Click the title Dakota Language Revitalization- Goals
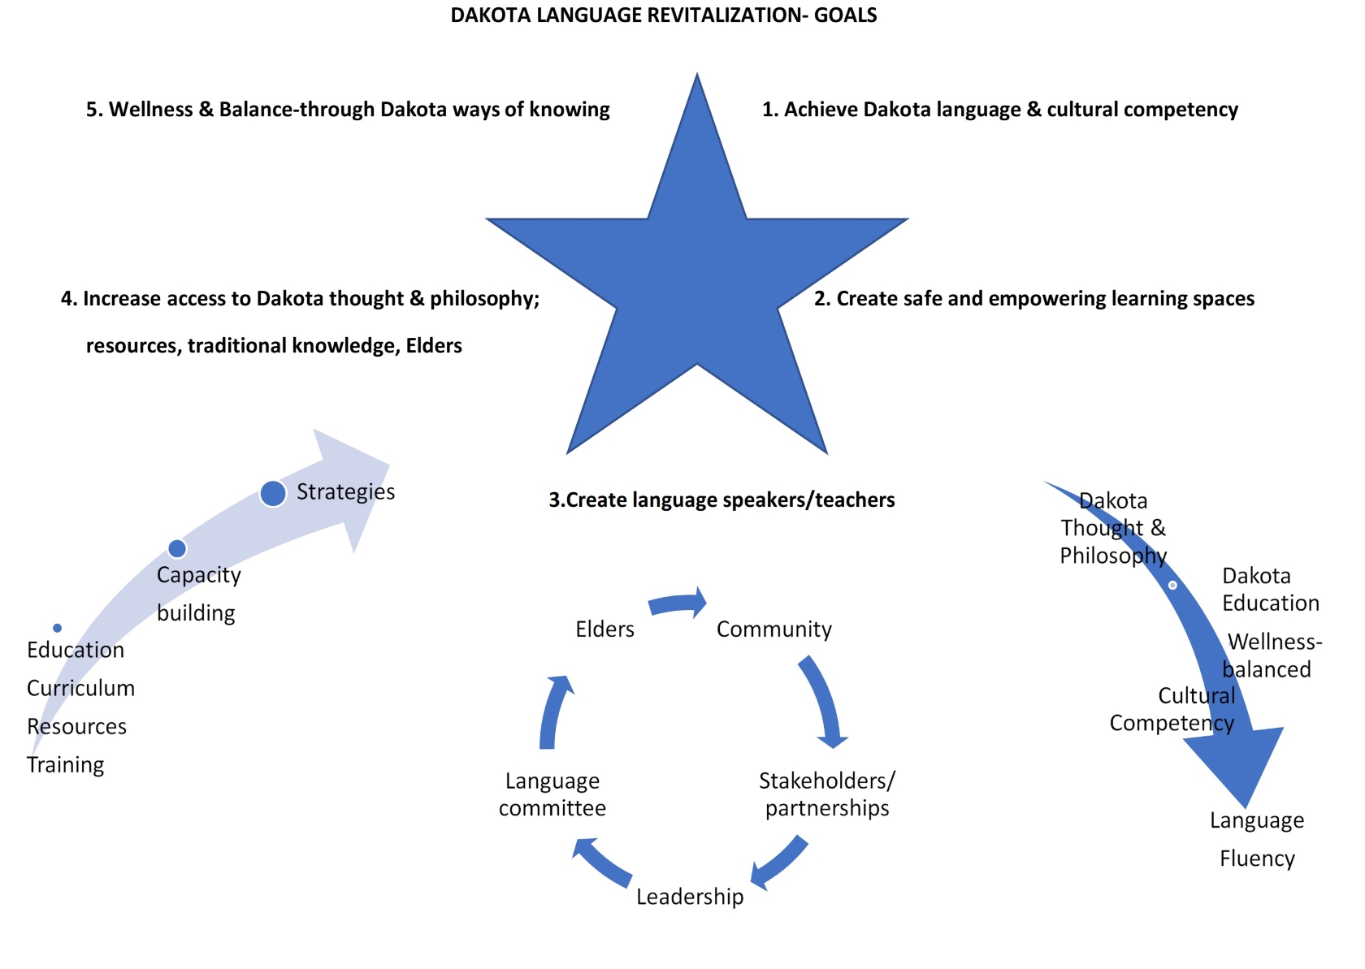tap(663, 15)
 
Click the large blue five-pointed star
tap(697, 276)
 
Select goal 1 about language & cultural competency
tap(999, 110)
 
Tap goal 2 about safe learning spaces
tap(1033, 299)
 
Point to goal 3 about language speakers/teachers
tap(721, 500)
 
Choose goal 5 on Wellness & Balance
tap(348, 110)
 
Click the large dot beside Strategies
tap(273, 493)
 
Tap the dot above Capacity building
tap(177, 548)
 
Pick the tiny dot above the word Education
tap(57, 628)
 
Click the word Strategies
tap(345, 491)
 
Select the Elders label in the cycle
tap(604, 629)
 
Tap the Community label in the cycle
tap(773, 629)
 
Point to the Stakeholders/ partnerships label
tap(826, 794)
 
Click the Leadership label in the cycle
tap(689, 896)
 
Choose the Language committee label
tap(552, 794)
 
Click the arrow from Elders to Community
tap(678, 604)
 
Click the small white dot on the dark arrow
tap(1172, 585)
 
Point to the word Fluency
tap(1257, 859)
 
